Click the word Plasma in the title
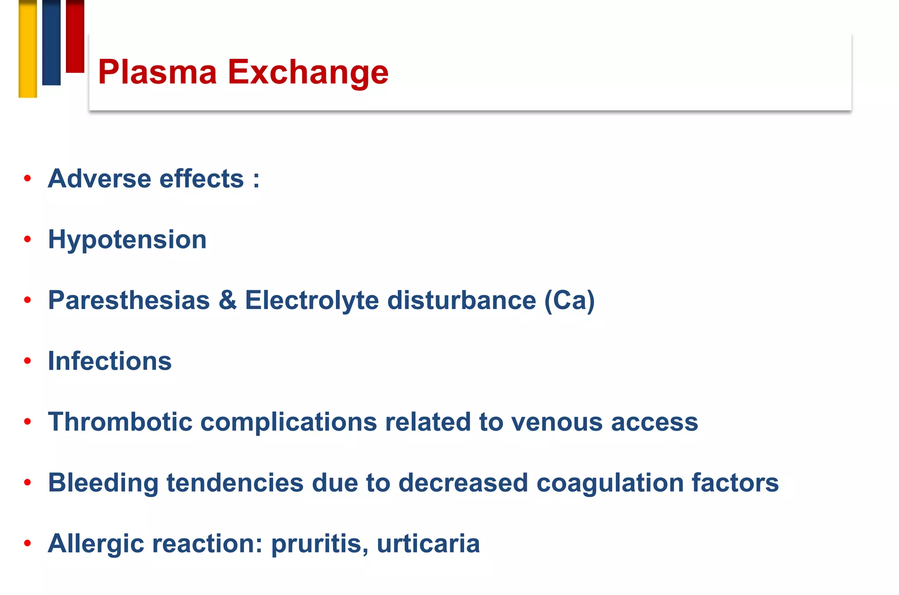pos(157,72)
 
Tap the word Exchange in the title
pos(308,72)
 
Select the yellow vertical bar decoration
pos(28,48)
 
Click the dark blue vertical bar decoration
pos(51,42)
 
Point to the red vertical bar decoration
pos(75,36)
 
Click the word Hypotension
pos(127,240)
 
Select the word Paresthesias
pos(129,300)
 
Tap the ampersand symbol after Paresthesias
pos(227,300)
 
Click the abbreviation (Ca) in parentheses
pos(569,300)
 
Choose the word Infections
pos(110,361)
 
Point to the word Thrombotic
pos(120,422)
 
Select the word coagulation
pos(610,483)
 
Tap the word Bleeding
pos(103,483)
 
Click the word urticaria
pos(428,544)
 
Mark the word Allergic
pos(96,544)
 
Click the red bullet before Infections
pos(28,361)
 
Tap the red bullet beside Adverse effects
pos(28,179)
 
